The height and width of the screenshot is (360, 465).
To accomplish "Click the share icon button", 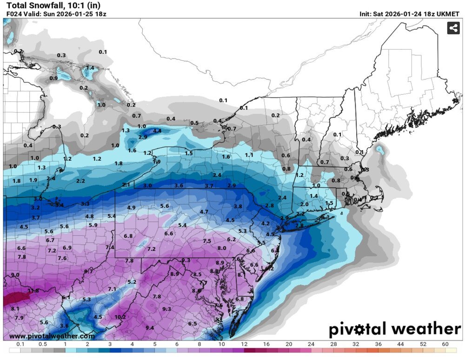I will (453, 28).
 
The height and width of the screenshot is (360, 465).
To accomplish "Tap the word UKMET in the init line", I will (448, 14).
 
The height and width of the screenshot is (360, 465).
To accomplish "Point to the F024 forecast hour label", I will (13, 14).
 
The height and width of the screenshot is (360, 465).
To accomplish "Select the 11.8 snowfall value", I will (33, 291).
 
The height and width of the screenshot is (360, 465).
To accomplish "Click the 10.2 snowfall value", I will (120, 317).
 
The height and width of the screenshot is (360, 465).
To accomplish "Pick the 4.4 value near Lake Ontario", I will (157, 131).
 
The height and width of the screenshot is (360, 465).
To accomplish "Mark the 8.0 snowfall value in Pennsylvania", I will (222, 248).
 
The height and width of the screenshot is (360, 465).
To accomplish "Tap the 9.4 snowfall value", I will (150, 328).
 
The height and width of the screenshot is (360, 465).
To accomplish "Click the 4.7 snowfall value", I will (204, 212).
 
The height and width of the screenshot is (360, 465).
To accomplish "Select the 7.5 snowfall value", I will (207, 241).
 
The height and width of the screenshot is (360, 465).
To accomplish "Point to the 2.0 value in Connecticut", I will (305, 204).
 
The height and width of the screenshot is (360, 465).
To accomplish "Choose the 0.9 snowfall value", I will (53, 78).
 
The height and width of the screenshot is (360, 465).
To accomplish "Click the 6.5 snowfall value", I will (193, 324).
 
